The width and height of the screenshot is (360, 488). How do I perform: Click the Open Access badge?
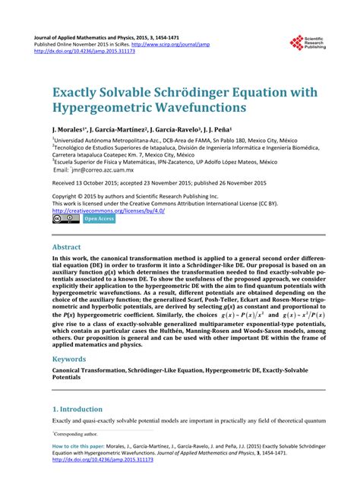[x=99, y=219]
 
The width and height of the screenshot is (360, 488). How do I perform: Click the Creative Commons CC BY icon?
[x=65, y=219]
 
